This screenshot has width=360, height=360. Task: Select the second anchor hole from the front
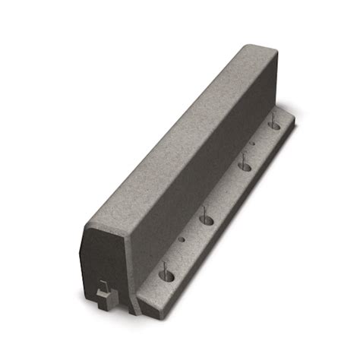point(207,219)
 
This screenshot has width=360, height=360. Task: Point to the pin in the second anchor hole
point(207,212)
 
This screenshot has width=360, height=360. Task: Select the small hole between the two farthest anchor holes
point(253,143)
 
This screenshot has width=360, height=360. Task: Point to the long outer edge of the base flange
point(228,220)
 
